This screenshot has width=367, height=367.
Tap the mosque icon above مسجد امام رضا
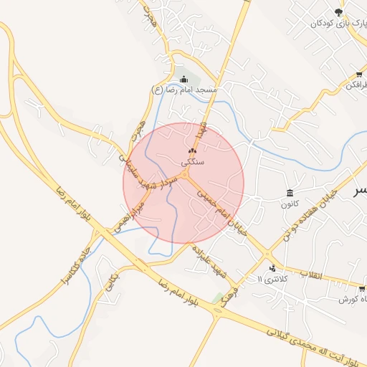(185, 79)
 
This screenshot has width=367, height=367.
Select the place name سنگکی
(193, 162)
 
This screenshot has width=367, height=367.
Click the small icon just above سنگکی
(191, 151)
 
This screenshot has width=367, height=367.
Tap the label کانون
(289, 204)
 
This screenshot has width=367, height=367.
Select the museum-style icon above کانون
(289, 194)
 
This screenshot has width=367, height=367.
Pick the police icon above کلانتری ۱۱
(272, 268)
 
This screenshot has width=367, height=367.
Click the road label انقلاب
(312, 275)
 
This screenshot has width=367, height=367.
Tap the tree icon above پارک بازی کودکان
(338, 11)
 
